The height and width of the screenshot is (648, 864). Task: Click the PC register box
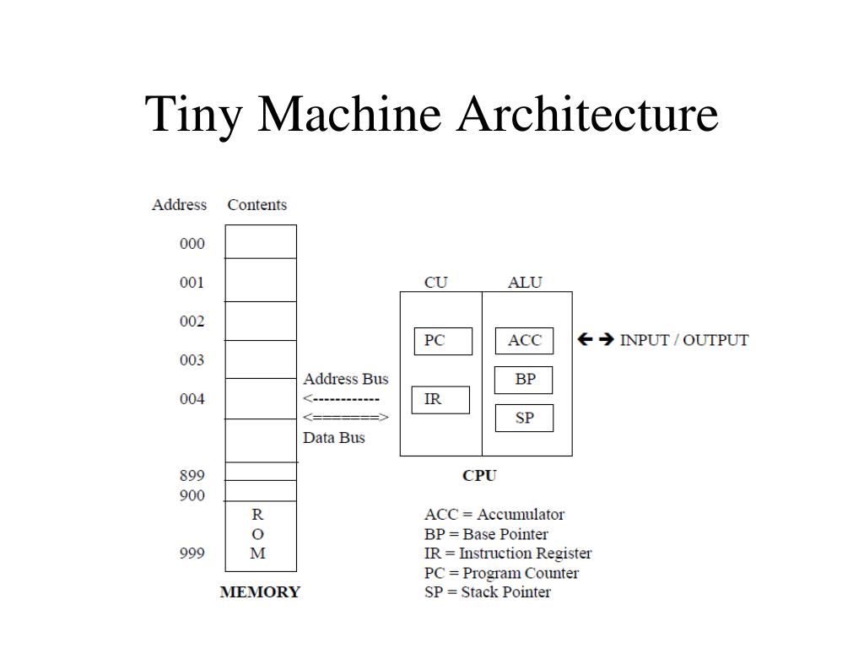(x=443, y=341)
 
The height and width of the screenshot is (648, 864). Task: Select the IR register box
(x=440, y=399)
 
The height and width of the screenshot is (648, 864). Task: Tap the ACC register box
(x=524, y=341)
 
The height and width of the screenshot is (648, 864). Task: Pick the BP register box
(x=524, y=380)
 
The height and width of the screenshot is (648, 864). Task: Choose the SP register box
(x=524, y=418)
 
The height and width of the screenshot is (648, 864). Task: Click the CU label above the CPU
(x=435, y=283)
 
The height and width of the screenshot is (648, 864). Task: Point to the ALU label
(x=525, y=283)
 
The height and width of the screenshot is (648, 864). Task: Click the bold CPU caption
(x=479, y=475)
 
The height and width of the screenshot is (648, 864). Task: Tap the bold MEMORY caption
(x=260, y=591)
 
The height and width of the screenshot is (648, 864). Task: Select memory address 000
(x=192, y=244)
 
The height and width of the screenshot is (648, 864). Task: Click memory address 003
(x=192, y=360)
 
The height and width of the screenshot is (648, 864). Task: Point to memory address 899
(x=192, y=475)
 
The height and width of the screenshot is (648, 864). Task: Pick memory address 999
(x=192, y=553)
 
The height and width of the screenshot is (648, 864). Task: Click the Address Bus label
(x=346, y=379)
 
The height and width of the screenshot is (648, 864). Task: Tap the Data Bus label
(x=334, y=438)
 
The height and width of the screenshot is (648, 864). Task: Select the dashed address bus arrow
(x=342, y=398)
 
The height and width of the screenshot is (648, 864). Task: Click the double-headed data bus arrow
(x=346, y=418)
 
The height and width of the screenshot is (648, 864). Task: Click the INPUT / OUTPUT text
(x=683, y=340)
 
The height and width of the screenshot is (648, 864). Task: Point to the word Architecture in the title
(x=587, y=114)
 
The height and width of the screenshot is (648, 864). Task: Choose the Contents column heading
(x=256, y=205)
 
